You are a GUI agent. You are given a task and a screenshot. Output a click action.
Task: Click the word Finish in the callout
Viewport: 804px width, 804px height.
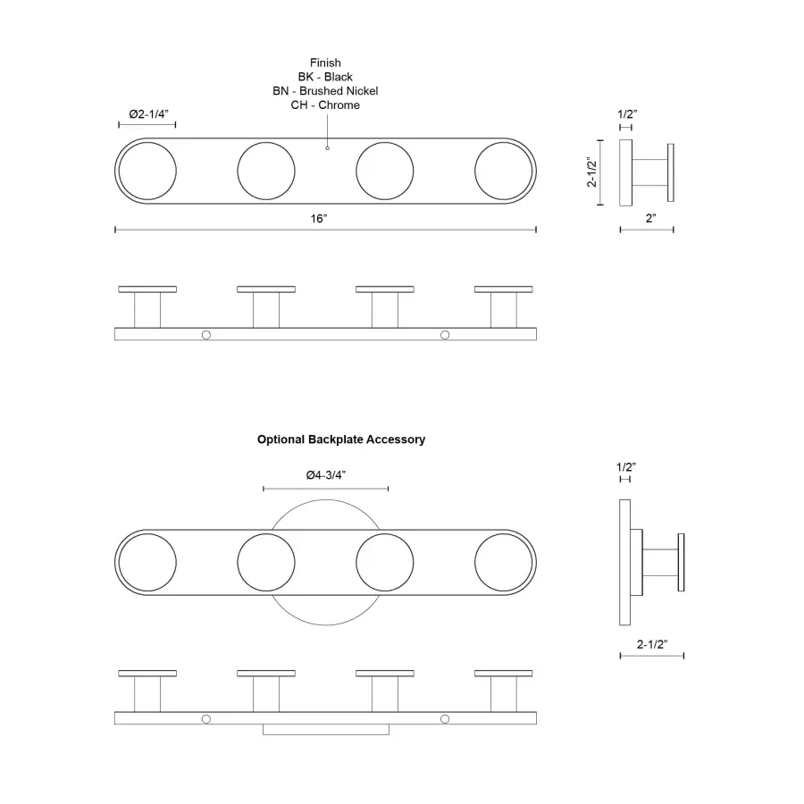pos(325,63)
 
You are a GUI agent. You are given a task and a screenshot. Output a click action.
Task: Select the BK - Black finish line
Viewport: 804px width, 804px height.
pos(325,77)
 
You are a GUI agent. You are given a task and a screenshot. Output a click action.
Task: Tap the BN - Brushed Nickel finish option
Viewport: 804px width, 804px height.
pos(325,91)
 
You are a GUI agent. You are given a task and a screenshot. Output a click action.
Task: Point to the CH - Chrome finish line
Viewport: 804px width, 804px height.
pos(325,105)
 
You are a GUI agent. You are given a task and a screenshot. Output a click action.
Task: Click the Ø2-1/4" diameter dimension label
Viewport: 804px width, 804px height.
pos(148,114)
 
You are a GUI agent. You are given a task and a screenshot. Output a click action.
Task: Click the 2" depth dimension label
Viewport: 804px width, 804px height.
pos(650,218)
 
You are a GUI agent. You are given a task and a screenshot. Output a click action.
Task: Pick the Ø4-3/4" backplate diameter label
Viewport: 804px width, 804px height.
pos(325,475)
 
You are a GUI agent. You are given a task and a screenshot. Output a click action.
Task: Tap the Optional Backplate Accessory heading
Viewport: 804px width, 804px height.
pos(341,440)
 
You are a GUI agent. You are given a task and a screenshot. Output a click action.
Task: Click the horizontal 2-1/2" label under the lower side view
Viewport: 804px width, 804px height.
pos(652,642)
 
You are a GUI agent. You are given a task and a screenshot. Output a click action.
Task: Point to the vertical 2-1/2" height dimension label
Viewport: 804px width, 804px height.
pos(590,172)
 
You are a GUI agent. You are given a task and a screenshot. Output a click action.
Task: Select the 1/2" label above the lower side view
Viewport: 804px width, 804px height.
pos(626,466)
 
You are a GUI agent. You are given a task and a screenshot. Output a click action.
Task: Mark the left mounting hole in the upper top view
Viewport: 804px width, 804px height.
pos(206,334)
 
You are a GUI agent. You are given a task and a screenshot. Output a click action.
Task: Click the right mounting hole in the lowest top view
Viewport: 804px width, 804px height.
pos(445,718)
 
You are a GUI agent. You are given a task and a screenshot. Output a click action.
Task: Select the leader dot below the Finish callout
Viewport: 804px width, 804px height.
pos(327,147)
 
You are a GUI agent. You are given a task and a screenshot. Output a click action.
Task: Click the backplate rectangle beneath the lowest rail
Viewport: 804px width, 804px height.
pos(326,730)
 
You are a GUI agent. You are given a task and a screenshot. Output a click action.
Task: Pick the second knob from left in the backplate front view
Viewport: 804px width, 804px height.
pos(266,563)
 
